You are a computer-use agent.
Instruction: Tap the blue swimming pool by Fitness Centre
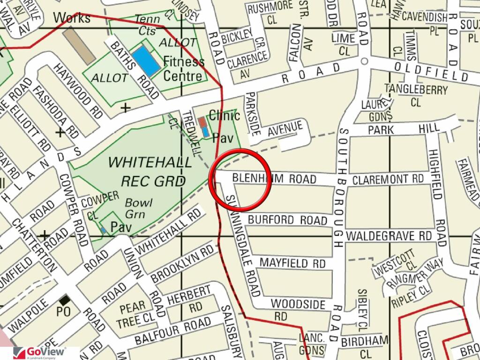[145, 60]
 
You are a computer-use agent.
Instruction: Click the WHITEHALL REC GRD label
[150, 172]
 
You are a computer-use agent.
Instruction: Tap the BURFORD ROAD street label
[287, 220]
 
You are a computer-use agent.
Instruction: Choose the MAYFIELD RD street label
[292, 262]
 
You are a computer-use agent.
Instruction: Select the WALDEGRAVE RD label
[389, 235]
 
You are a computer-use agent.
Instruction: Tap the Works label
[72, 18]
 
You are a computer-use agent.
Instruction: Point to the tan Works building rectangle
[79, 45]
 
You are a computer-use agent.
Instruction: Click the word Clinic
[225, 115]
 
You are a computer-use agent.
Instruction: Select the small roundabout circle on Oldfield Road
[364, 61]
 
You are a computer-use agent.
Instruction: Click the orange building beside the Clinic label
[202, 122]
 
